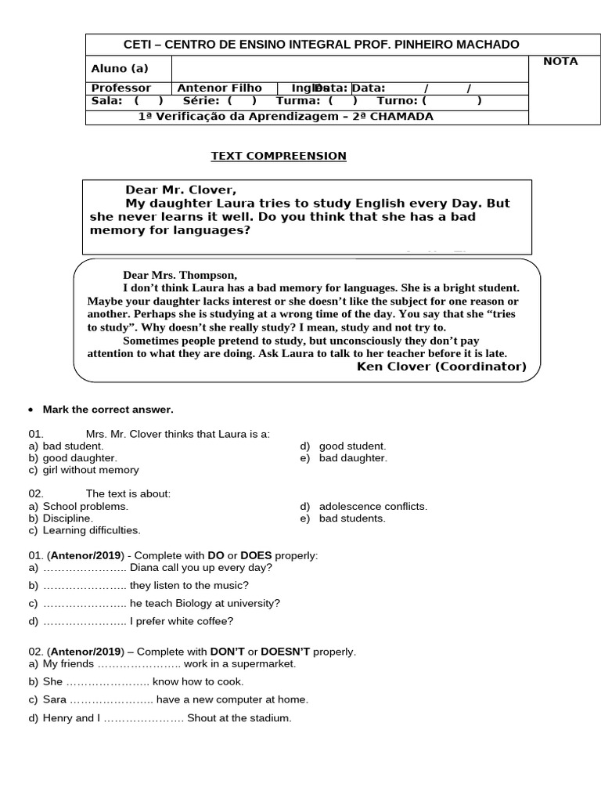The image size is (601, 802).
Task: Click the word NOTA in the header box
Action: [560, 61]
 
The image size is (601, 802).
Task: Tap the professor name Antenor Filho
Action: [220, 89]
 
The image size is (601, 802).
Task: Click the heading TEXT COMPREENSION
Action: [279, 156]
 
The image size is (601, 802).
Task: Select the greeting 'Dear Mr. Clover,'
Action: [180, 190]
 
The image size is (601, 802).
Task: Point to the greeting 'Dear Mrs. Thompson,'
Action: [179, 275]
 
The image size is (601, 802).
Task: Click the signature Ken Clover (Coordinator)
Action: [441, 366]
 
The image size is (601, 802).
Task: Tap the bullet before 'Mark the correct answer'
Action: [31, 410]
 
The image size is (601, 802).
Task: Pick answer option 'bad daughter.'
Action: [353, 458]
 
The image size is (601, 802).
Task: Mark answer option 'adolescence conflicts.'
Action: [373, 507]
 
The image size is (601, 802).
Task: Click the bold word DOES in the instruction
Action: [256, 555]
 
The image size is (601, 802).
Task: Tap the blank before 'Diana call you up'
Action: [85, 568]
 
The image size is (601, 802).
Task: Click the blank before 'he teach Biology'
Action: [85, 603]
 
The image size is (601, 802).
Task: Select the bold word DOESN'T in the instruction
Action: [286, 652]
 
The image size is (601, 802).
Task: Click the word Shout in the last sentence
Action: [202, 718]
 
